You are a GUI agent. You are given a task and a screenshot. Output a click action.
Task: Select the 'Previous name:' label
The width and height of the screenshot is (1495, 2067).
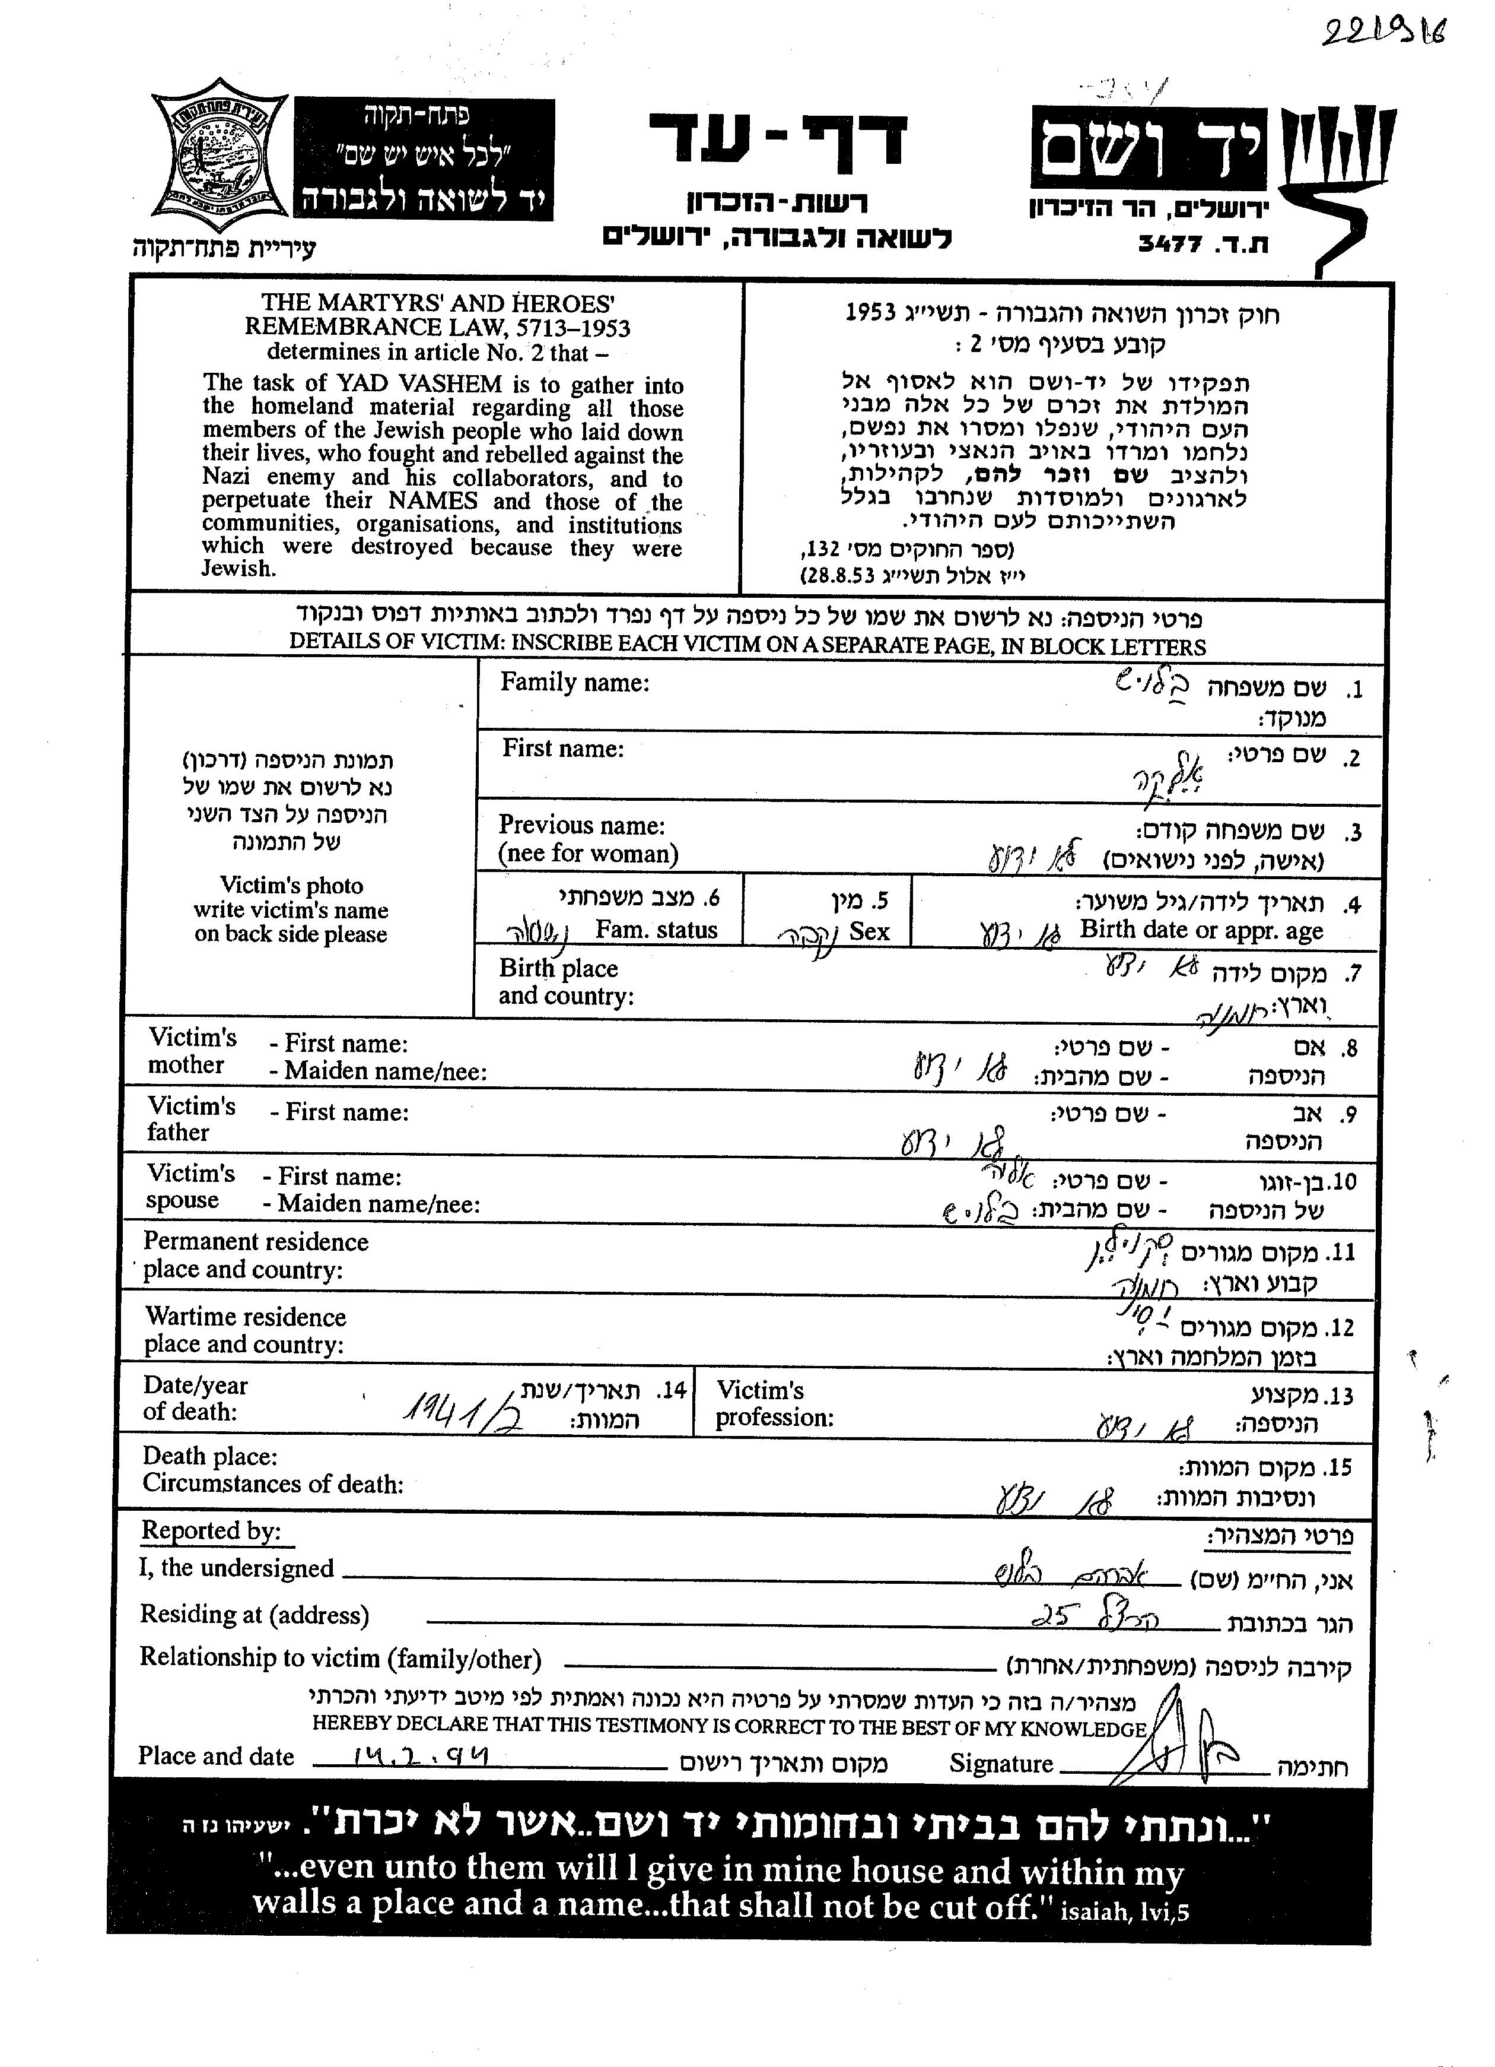(x=581, y=825)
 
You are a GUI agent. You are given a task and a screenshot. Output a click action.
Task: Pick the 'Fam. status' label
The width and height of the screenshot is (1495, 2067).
(x=656, y=931)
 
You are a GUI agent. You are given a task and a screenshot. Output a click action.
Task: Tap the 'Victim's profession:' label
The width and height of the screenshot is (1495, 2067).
(x=774, y=1405)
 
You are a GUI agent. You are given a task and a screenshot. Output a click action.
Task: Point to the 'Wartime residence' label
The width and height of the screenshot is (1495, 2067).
(x=245, y=1317)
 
